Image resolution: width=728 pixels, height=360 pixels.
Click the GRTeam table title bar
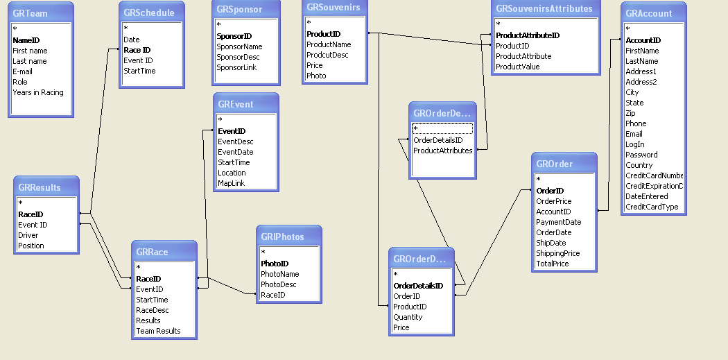pos(42,13)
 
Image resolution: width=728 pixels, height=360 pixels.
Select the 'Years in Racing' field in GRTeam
pos(37,92)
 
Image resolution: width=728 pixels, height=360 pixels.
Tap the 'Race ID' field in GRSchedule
pos(137,50)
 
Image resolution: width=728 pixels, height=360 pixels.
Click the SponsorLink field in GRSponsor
pos(236,67)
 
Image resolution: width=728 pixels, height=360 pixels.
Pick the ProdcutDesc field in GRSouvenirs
pos(327,55)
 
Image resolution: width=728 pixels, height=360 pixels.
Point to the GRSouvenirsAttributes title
pos(544,9)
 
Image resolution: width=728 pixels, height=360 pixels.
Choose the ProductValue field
pos(517,67)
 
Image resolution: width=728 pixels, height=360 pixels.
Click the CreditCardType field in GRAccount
pos(652,207)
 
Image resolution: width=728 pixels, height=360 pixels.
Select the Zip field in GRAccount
pos(630,113)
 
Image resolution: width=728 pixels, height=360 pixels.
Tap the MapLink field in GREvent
pos(231,183)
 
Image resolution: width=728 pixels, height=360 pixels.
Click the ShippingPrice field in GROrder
pos(557,253)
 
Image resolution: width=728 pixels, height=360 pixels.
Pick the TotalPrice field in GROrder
pos(552,264)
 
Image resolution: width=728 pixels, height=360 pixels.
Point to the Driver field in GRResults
pos(28,235)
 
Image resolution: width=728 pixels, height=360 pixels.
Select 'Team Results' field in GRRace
pos(158,331)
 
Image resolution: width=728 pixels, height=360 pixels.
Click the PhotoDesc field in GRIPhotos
pos(278,284)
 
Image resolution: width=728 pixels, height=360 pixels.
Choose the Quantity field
pos(408,317)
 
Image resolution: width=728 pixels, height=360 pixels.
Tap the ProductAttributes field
pos(442,151)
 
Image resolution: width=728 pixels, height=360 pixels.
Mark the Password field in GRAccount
pos(641,155)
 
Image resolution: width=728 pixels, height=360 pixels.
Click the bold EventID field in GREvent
pos(232,131)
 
